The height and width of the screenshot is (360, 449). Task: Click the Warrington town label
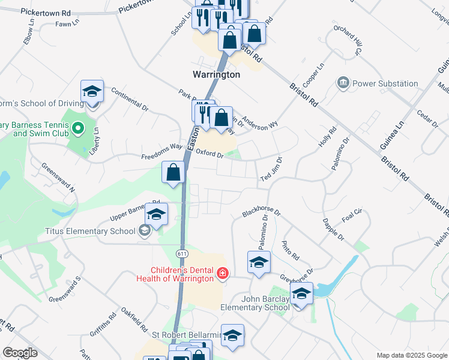tap(216, 75)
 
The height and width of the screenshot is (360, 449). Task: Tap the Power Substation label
tap(385, 83)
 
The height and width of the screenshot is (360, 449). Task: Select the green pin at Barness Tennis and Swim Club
tap(77, 128)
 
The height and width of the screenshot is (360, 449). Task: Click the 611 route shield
tap(181, 254)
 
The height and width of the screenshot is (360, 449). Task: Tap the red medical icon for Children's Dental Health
tap(223, 274)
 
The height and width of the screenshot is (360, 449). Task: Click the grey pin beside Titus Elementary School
tap(143, 230)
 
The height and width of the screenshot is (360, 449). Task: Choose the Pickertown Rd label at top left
tap(45, 12)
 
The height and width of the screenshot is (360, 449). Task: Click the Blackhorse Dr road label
tap(261, 212)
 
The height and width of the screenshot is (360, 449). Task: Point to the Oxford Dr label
tap(209, 155)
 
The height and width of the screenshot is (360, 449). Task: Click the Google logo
tap(20, 353)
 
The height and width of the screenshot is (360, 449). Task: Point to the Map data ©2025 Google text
tap(411, 355)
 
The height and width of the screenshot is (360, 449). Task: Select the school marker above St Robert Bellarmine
tap(232, 336)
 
